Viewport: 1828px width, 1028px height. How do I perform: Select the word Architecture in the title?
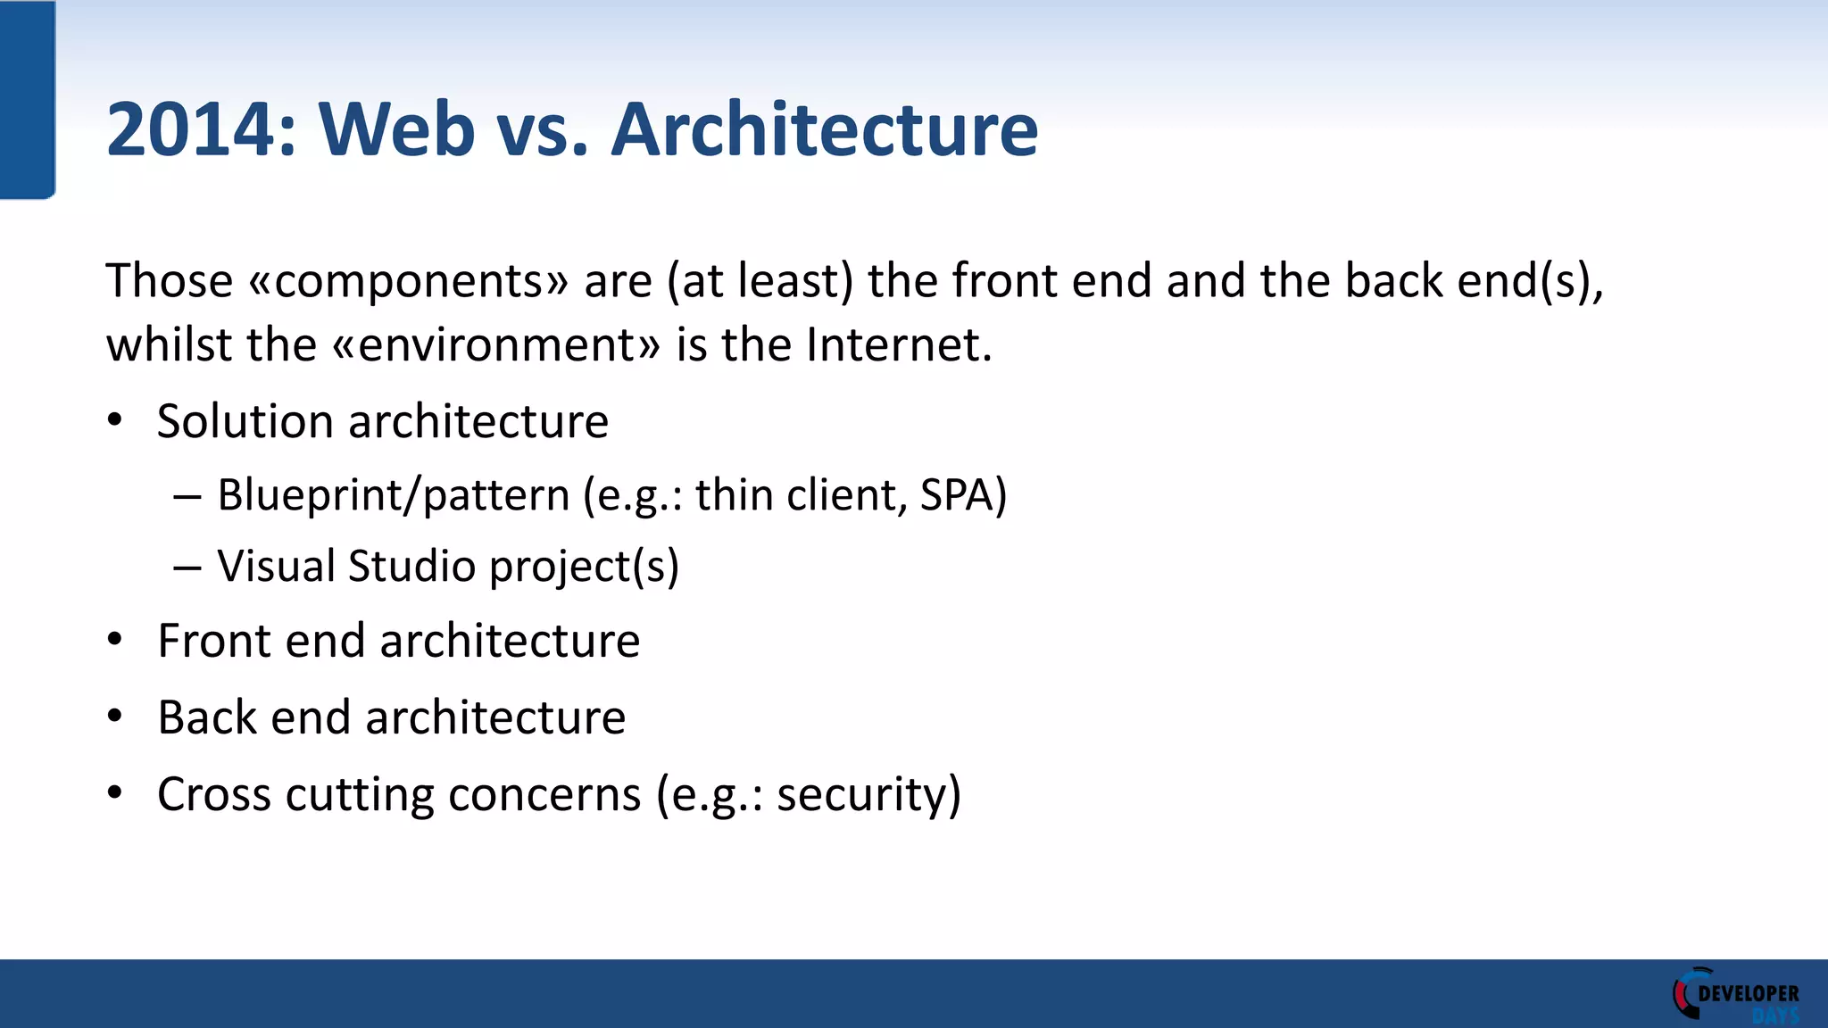click(824, 130)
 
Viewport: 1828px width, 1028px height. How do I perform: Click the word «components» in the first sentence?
click(408, 282)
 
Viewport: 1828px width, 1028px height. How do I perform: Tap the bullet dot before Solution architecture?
click(114, 420)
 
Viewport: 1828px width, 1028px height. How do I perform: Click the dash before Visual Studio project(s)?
click(187, 568)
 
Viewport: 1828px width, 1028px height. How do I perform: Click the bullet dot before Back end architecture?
click(114, 716)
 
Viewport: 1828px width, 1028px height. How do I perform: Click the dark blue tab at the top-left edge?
click(27, 98)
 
